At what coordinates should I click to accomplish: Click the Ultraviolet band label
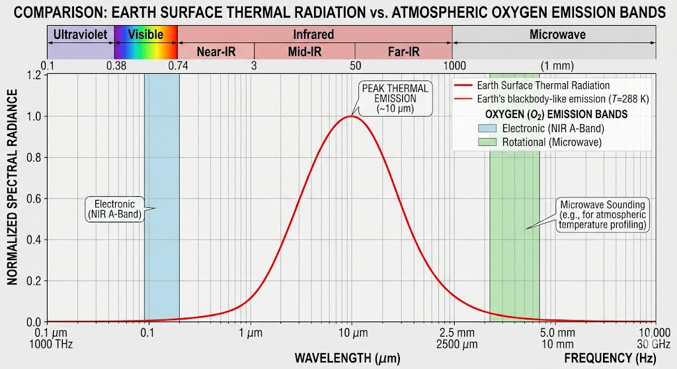pyautogui.click(x=79, y=34)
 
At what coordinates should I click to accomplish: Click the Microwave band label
pyautogui.click(x=557, y=34)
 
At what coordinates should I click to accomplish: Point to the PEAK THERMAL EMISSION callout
pyautogui.click(x=395, y=98)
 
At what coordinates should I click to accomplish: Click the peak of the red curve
pyautogui.click(x=351, y=117)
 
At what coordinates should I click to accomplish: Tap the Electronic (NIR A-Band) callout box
pyautogui.click(x=115, y=209)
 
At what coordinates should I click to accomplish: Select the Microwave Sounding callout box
pyautogui.click(x=602, y=215)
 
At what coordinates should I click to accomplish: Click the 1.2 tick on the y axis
pyautogui.click(x=34, y=75)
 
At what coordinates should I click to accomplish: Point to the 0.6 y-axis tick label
pyautogui.click(x=34, y=199)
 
